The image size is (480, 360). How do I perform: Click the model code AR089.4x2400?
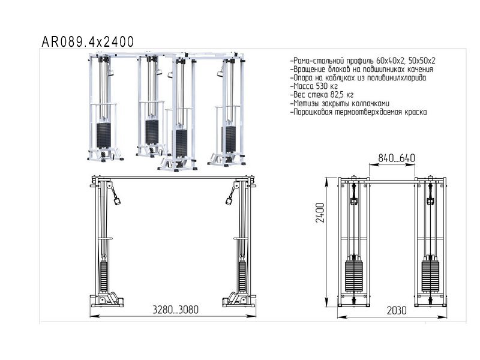click(x=88, y=42)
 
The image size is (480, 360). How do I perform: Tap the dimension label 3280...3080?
click(x=175, y=310)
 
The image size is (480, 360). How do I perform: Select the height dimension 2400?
click(x=320, y=213)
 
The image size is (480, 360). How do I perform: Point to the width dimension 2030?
click(x=397, y=310)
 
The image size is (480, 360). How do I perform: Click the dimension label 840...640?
click(x=397, y=158)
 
